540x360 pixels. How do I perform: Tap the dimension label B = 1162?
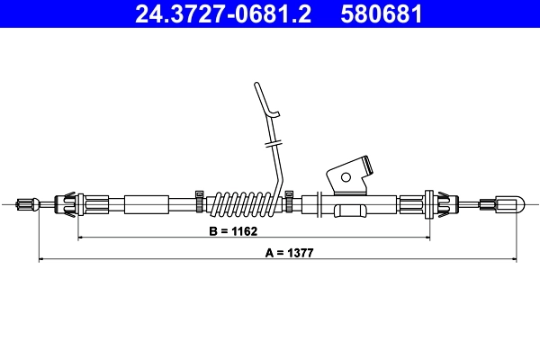click(233, 231)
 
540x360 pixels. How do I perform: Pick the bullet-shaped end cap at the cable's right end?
click(508, 204)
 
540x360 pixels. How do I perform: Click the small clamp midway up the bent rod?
click(273, 142)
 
